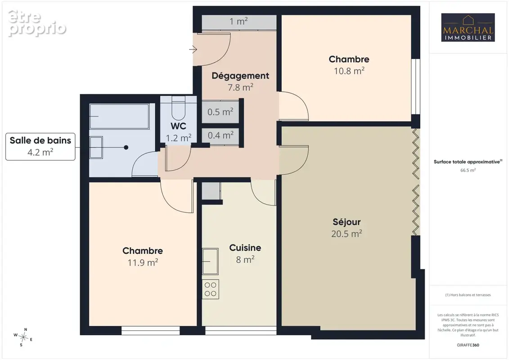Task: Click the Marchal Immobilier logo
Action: tap(468, 27)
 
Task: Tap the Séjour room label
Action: tap(347, 222)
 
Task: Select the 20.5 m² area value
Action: tap(347, 234)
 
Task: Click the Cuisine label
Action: tap(245, 247)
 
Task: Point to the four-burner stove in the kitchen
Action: tap(210, 289)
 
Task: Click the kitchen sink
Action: tap(210, 261)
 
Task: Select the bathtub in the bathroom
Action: tap(119, 116)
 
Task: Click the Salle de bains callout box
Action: tap(40, 146)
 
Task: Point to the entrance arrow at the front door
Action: tap(193, 49)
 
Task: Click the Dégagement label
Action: tap(240, 76)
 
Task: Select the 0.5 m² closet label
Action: tap(221, 112)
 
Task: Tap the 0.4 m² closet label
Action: tap(221, 135)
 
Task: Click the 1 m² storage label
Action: tap(239, 22)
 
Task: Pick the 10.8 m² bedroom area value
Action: tap(349, 71)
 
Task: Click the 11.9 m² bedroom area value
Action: tap(143, 262)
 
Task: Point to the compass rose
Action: tap(23, 337)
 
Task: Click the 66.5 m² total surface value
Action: tap(468, 170)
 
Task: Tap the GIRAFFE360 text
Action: tap(468, 345)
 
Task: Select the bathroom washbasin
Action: tap(96, 148)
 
